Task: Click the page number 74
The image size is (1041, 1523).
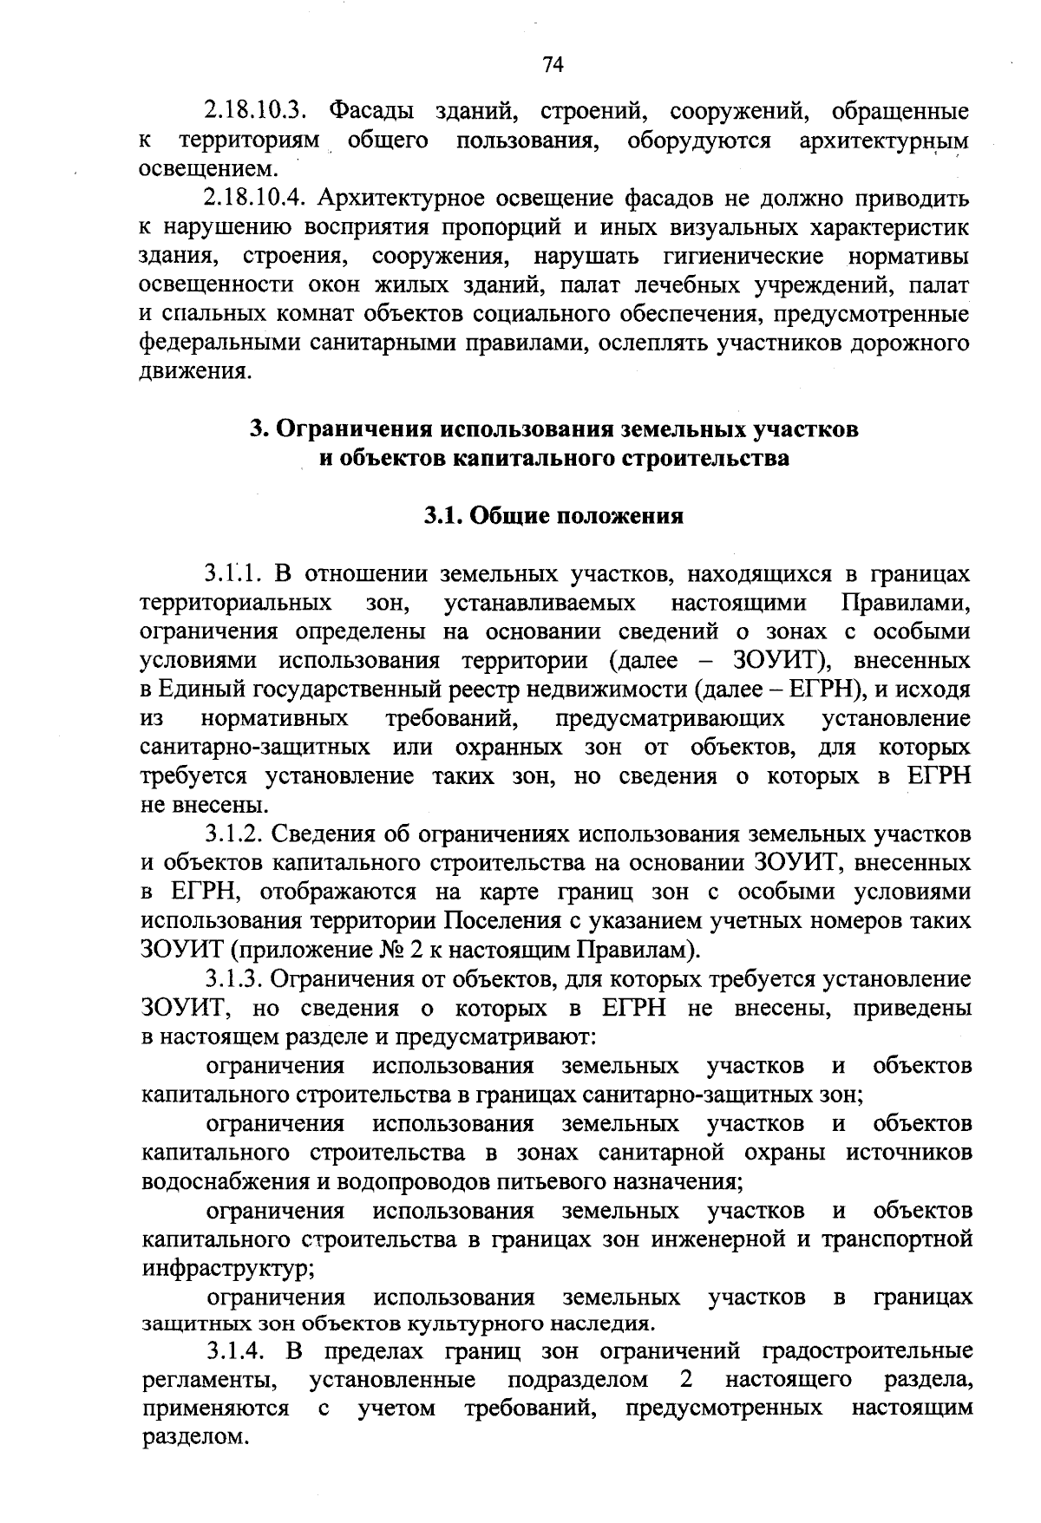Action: [553, 65]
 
